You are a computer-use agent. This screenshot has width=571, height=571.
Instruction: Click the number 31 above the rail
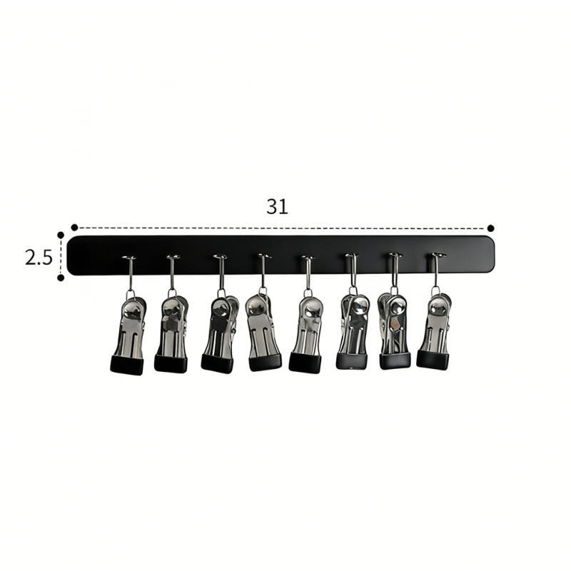277,206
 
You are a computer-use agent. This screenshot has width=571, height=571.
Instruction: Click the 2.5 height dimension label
39,258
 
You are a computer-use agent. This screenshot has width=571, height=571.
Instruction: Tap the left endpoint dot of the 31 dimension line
74,228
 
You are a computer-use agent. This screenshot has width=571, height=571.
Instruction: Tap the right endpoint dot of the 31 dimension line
490,228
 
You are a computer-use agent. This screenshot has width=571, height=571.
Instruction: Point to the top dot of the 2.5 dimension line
61,236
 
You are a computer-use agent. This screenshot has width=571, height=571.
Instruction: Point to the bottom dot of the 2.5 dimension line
61,278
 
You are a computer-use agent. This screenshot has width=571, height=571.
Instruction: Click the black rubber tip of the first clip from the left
127,365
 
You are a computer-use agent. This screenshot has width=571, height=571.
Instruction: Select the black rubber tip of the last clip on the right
433,359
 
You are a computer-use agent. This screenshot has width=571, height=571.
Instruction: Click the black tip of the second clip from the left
171,363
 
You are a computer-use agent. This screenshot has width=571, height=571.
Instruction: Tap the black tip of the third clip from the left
216,363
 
